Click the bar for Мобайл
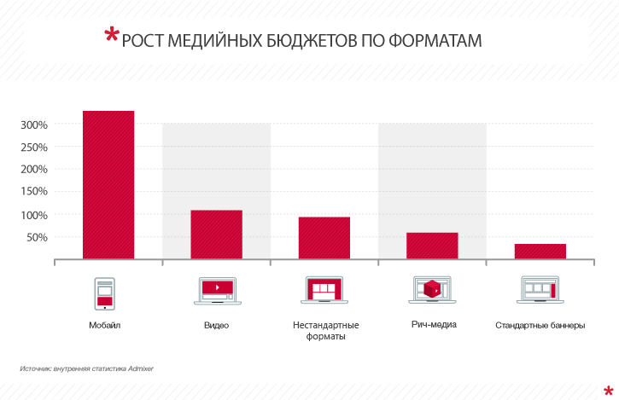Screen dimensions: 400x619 click(108, 184)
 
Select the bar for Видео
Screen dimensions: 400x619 click(216, 234)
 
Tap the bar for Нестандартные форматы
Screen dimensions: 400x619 click(324, 237)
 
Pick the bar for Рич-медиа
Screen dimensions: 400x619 click(432, 245)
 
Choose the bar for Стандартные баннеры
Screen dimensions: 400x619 click(540, 251)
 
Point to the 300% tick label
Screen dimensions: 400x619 click(34, 125)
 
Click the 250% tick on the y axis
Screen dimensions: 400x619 click(34, 147)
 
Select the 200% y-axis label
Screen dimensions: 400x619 click(34, 169)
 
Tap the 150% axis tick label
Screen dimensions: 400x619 click(34, 192)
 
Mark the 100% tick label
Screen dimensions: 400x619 click(34, 215)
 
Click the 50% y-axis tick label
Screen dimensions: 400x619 click(37, 237)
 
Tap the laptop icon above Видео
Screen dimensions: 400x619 click(216, 290)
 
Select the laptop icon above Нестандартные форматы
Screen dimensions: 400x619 click(324, 290)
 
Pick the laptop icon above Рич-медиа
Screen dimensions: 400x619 click(432, 290)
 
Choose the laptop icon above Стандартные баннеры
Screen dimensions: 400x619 click(540, 290)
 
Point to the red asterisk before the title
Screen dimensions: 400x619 click(111, 36)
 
